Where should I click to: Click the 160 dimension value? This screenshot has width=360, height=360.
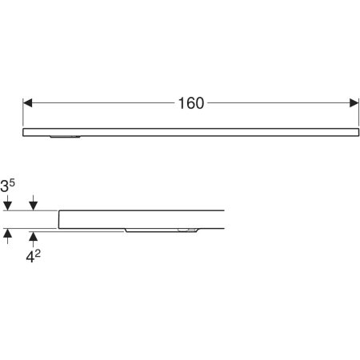click(x=191, y=103)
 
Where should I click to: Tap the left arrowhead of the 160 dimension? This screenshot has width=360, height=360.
click(x=27, y=103)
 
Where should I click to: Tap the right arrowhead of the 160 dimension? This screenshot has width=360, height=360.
click(x=354, y=103)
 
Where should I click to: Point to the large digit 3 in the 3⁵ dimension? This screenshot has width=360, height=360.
click(x=4, y=186)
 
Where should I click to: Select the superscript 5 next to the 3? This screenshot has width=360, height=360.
click(x=12, y=183)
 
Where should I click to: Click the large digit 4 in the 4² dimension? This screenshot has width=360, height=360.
click(x=30, y=258)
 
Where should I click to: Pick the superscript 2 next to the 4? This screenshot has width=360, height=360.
click(x=38, y=254)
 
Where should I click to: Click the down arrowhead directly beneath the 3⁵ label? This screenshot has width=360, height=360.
click(x=7, y=206)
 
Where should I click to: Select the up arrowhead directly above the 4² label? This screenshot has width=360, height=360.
click(x=33, y=236)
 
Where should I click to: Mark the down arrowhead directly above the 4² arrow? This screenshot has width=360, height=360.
click(x=33, y=206)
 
